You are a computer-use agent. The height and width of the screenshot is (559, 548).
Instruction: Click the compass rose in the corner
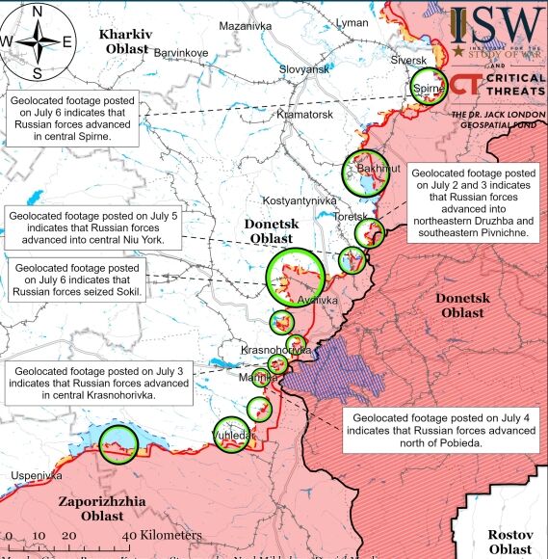(x=37, y=40)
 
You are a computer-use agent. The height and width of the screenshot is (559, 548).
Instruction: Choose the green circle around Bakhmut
(x=366, y=173)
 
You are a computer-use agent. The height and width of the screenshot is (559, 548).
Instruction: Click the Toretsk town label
(x=349, y=217)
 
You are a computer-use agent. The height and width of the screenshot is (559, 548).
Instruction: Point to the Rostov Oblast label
(x=509, y=541)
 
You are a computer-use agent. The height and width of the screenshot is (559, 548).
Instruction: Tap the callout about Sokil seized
(x=76, y=279)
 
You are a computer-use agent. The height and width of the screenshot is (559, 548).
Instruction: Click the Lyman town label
(x=351, y=21)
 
